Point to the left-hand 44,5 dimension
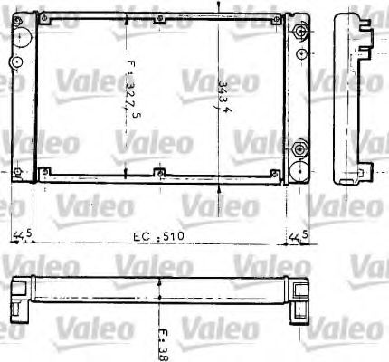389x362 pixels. (x=24, y=236)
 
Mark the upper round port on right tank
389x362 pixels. (x=299, y=33)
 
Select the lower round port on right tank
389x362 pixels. (x=299, y=148)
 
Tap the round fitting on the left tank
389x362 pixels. (x=15, y=62)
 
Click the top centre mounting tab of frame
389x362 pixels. (x=159, y=19)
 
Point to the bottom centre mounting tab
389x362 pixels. (x=159, y=174)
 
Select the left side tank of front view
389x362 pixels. (x=22, y=95)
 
